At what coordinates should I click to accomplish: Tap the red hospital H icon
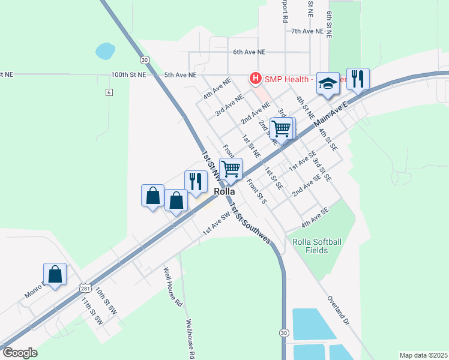(256, 79)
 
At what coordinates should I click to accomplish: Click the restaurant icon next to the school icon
(358, 78)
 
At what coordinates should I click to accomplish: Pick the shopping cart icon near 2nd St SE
(282, 128)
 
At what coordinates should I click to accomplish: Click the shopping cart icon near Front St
(231, 169)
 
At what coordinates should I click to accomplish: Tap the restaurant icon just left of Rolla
(196, 181)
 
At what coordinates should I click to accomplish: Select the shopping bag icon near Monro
(55, 274)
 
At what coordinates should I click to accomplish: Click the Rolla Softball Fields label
(317, 246)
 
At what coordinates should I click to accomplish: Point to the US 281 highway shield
(85, 289)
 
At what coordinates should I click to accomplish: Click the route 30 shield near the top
(144, 60)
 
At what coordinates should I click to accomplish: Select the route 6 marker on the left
(109, 92)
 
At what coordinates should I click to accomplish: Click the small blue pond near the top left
(105, 50)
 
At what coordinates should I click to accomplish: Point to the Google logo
(20, 353)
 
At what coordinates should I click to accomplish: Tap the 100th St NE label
(128, 75)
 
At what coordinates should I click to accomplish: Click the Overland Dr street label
(338, 309)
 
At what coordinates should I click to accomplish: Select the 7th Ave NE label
(307, 31)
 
